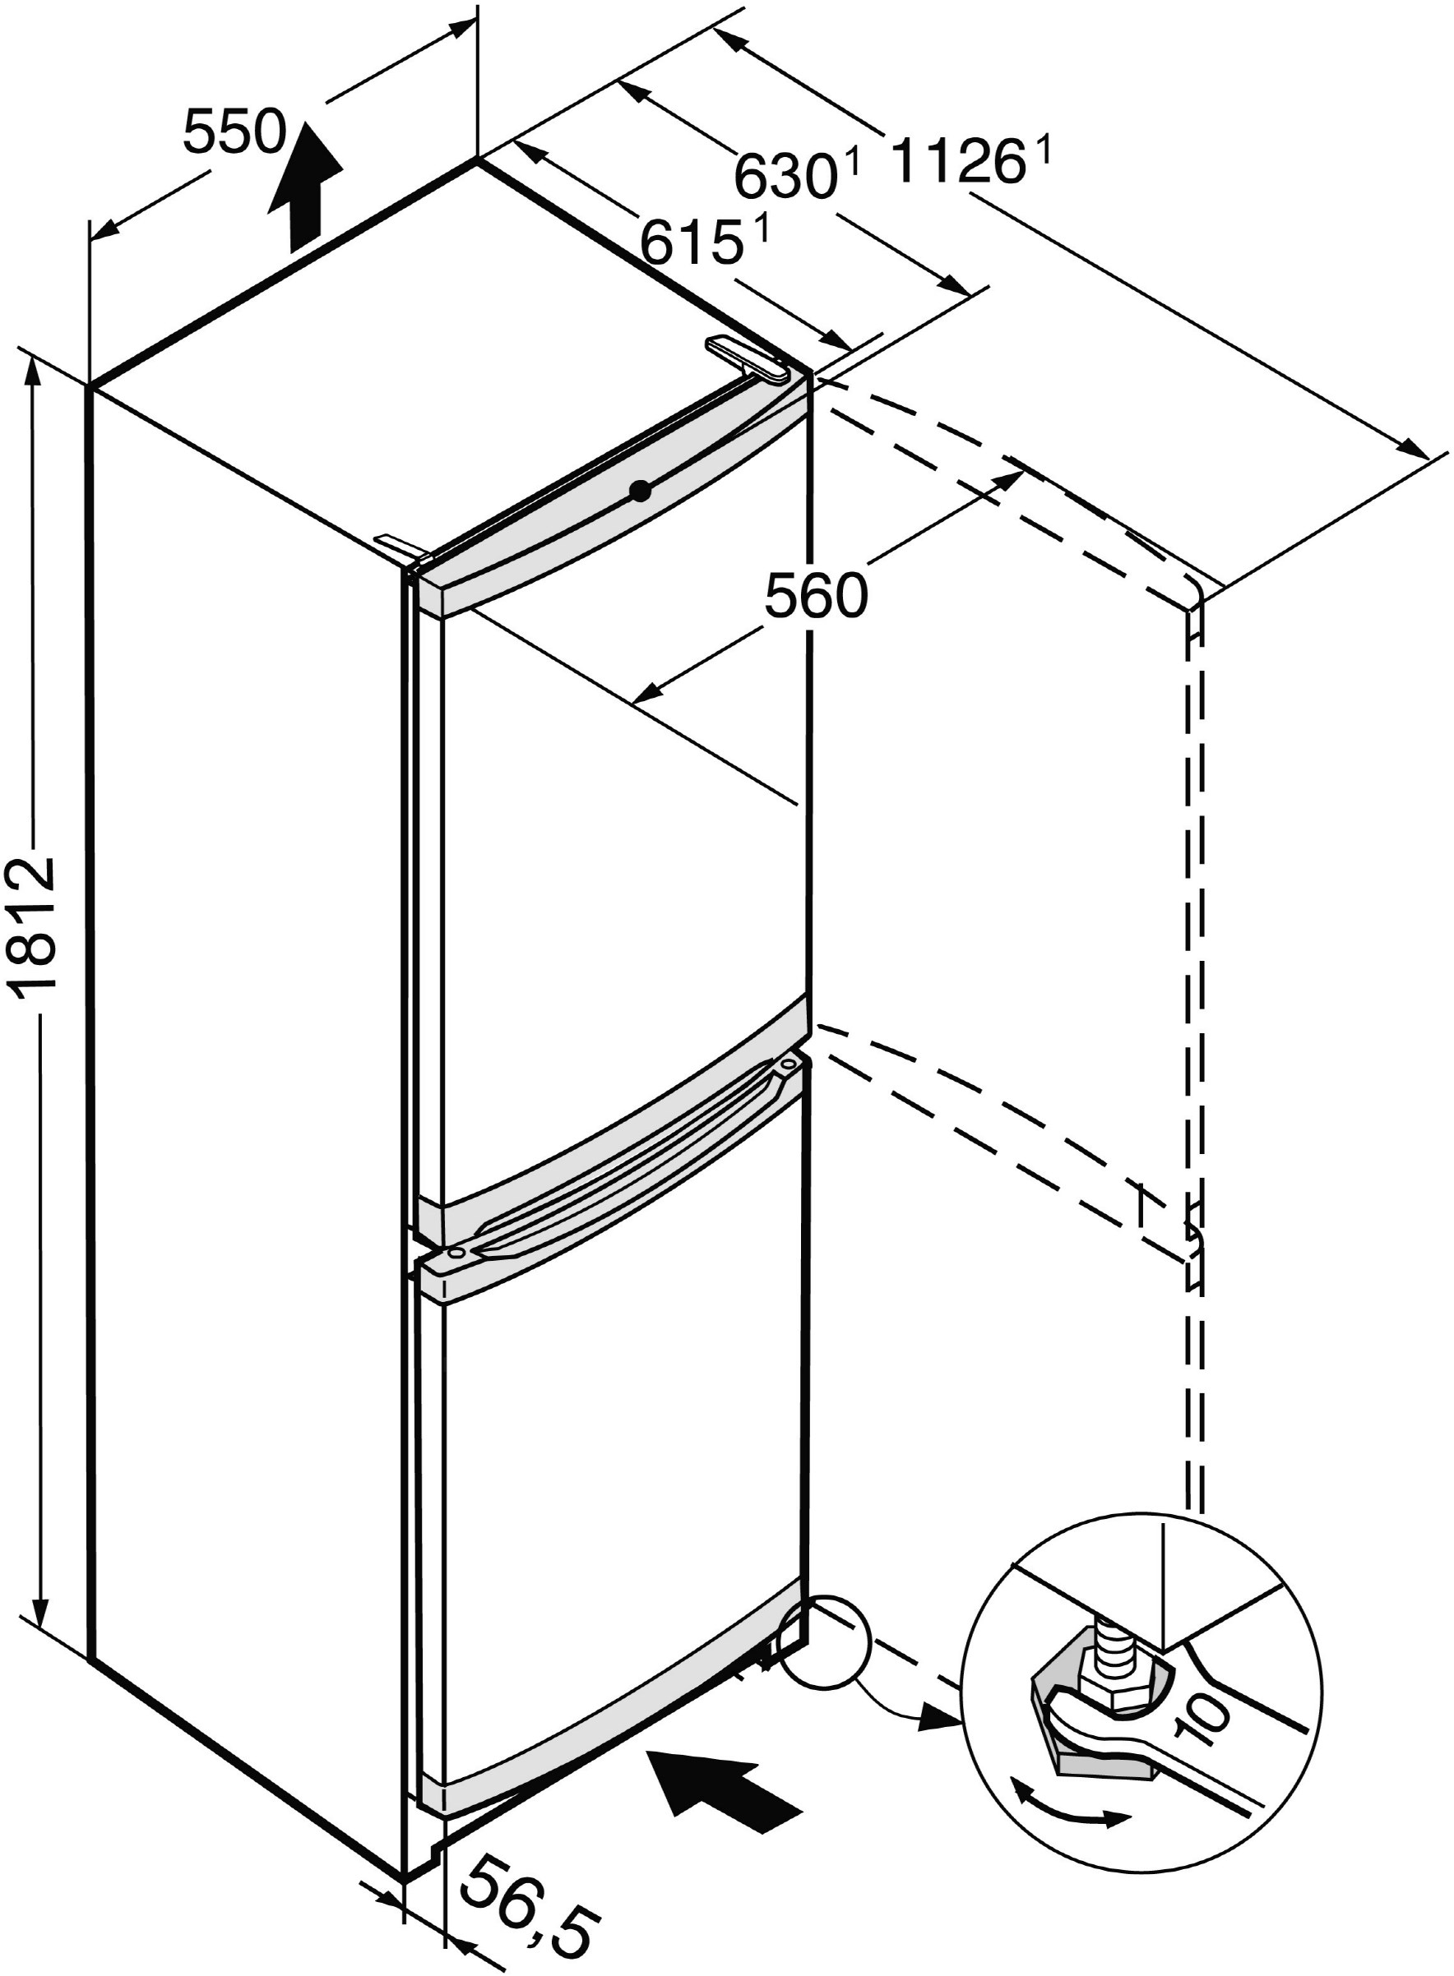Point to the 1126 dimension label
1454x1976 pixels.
[x=958, y=164]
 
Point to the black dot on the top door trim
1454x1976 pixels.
[x=641, y=491]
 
